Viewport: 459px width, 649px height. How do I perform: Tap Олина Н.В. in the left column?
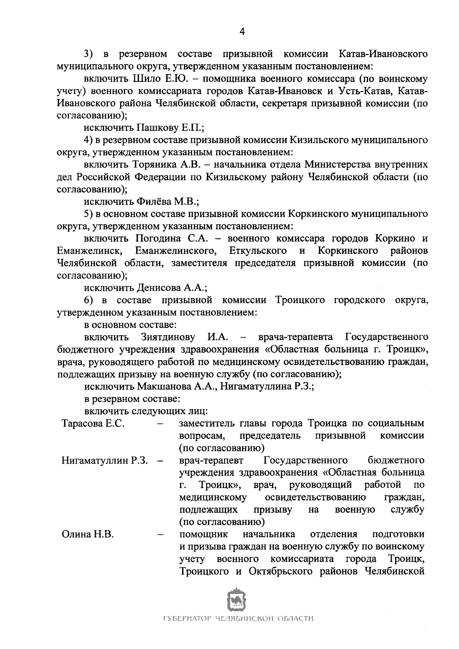click(88, 534)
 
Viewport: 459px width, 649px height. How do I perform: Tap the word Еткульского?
click(258, 251)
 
